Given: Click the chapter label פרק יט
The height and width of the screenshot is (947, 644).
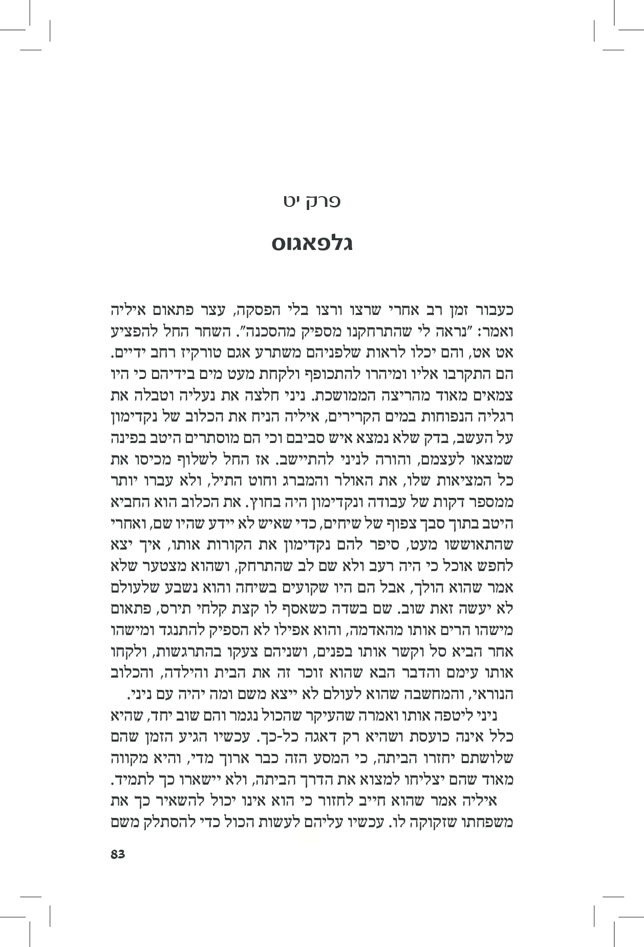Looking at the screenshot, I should pos(312,201).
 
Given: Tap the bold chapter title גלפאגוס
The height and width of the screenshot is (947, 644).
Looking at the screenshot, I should pos(312,244).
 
